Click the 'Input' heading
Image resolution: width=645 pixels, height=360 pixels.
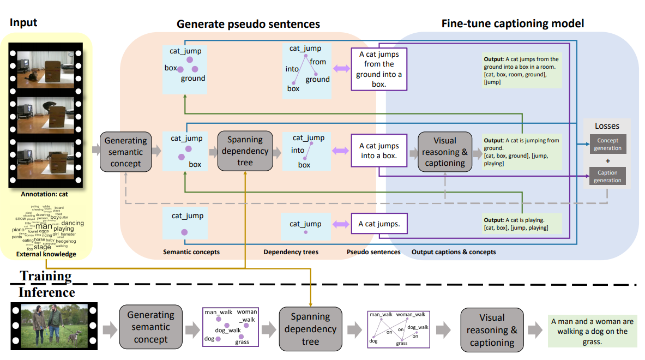coord(23,22)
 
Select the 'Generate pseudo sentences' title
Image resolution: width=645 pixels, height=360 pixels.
coord(248,24)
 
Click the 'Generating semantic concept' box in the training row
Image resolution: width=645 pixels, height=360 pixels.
coord(125,152)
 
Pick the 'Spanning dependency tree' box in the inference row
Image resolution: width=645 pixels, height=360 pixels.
coord(310,329)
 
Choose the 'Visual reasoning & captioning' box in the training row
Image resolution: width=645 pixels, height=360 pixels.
coord(445,152)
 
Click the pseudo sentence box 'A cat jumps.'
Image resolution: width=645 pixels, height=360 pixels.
coord(379,224)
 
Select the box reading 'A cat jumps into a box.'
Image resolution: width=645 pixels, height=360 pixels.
coord(379,151)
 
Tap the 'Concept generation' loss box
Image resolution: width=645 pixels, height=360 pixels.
coord(607,144)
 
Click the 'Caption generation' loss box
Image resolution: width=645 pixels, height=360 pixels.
coord(607,176)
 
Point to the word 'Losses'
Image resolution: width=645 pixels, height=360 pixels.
coord(607,126)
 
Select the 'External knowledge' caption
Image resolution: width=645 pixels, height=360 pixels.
coord(46,254)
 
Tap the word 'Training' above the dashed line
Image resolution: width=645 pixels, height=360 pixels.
coord(46,275)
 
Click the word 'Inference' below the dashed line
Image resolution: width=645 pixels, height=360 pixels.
coord(47,292)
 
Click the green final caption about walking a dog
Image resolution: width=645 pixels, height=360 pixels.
coord(592,331)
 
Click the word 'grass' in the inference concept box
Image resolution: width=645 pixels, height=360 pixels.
coord(242,342)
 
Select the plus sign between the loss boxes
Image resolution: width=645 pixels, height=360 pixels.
coord(607,160)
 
